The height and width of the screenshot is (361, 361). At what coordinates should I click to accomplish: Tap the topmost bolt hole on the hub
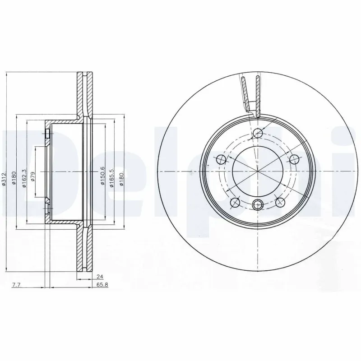tap(258, 133)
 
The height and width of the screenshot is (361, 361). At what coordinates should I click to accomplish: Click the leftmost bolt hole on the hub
tap(221, 159)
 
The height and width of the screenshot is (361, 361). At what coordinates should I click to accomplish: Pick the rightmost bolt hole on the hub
tap(294, 159)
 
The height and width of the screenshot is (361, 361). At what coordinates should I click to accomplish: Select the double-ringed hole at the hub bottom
tap(258, 204)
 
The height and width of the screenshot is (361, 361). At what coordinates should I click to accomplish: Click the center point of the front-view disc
tap(258, 171)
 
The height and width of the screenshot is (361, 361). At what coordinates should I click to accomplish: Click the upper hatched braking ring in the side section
tap(84, 94)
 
